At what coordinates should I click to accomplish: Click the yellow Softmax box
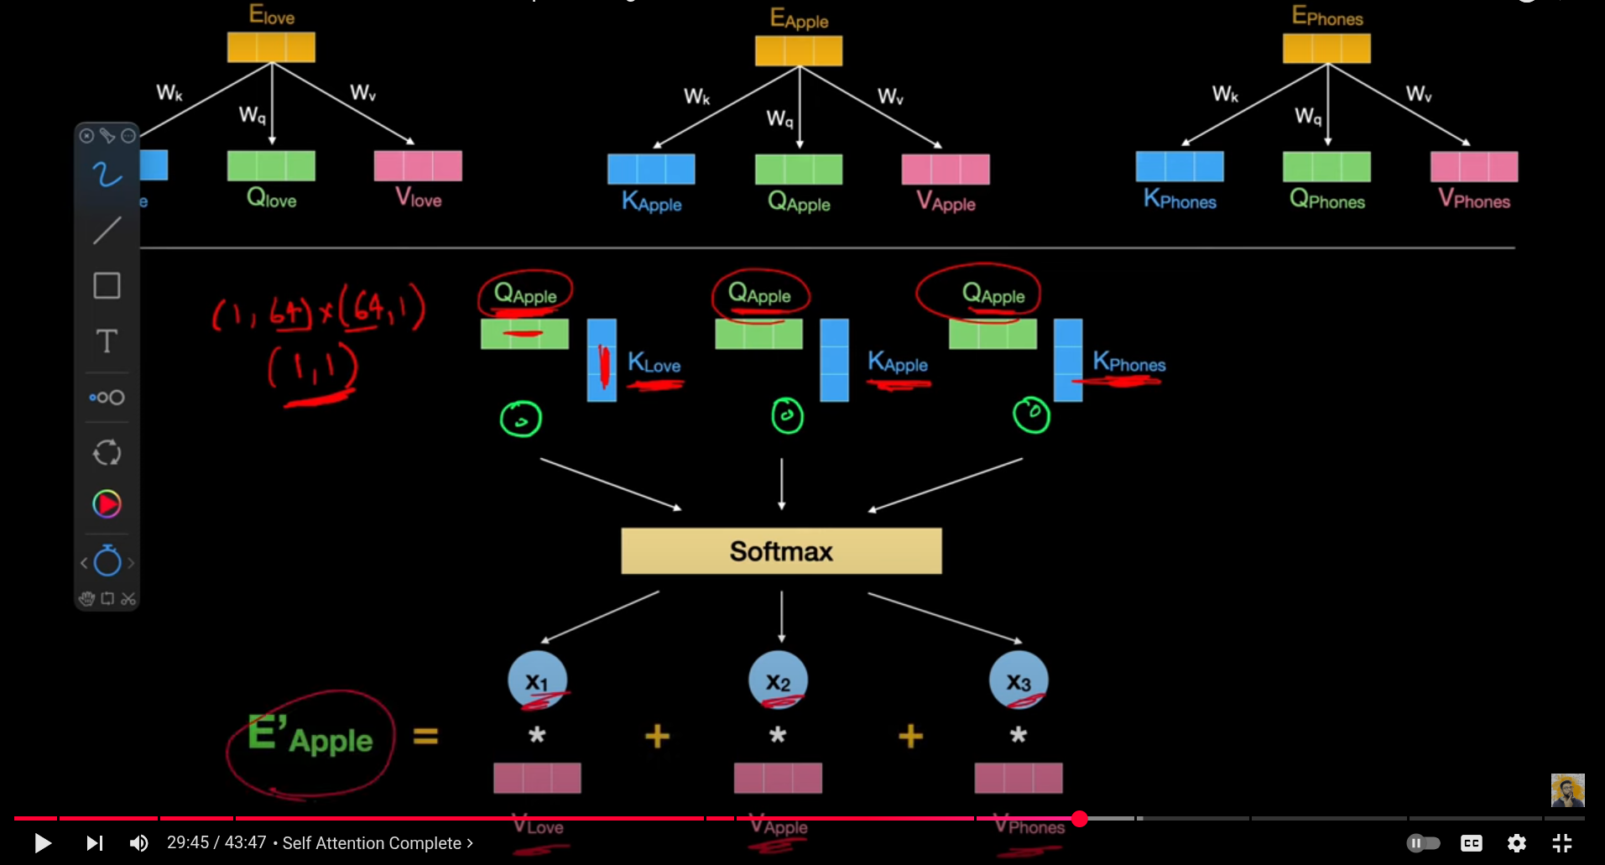[781, 551]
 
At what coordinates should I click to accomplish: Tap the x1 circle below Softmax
[537, 680]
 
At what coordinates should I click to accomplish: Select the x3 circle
[1019, 680]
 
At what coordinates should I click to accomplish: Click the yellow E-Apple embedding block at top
[799, 51]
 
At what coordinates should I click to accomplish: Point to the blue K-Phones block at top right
[1179, 166]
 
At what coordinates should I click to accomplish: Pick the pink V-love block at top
[418, 166]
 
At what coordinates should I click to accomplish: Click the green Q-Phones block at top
[1326, 166]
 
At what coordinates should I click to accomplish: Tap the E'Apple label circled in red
[310, 738]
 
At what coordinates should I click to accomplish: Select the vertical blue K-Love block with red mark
[602, 360]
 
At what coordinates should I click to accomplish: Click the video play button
[42, 842]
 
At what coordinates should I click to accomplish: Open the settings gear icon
[1516, 843]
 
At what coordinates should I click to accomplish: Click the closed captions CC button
[1471, 843]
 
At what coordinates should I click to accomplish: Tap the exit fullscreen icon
[1561, 843]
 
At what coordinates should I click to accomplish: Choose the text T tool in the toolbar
[107, 341]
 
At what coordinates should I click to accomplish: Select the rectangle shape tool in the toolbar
[107, 285]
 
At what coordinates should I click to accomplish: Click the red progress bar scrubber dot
[1080, 819]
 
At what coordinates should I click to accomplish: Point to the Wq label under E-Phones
[1307, 116]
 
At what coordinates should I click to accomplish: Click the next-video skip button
[94, 842]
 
